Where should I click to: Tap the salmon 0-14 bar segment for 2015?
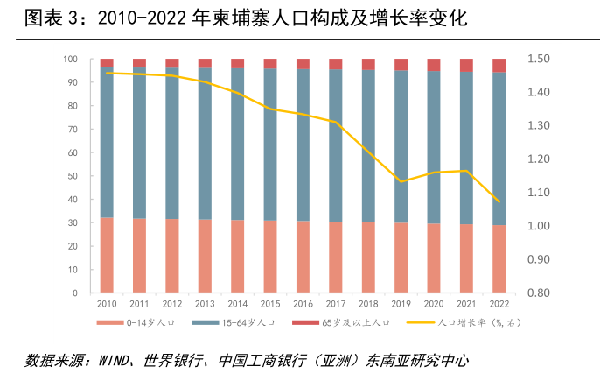pos(270,256)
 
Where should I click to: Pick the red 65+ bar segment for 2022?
pos(499,66)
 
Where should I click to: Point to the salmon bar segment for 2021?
pos(466,258)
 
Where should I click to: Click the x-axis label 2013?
pos(205,303)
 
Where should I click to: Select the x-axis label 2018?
pos(368,303)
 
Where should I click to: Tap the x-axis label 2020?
pos(434,303)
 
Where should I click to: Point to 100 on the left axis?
pos(71,59)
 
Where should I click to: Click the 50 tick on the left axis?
pos(73,176)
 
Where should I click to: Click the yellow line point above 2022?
pos(499,202)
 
